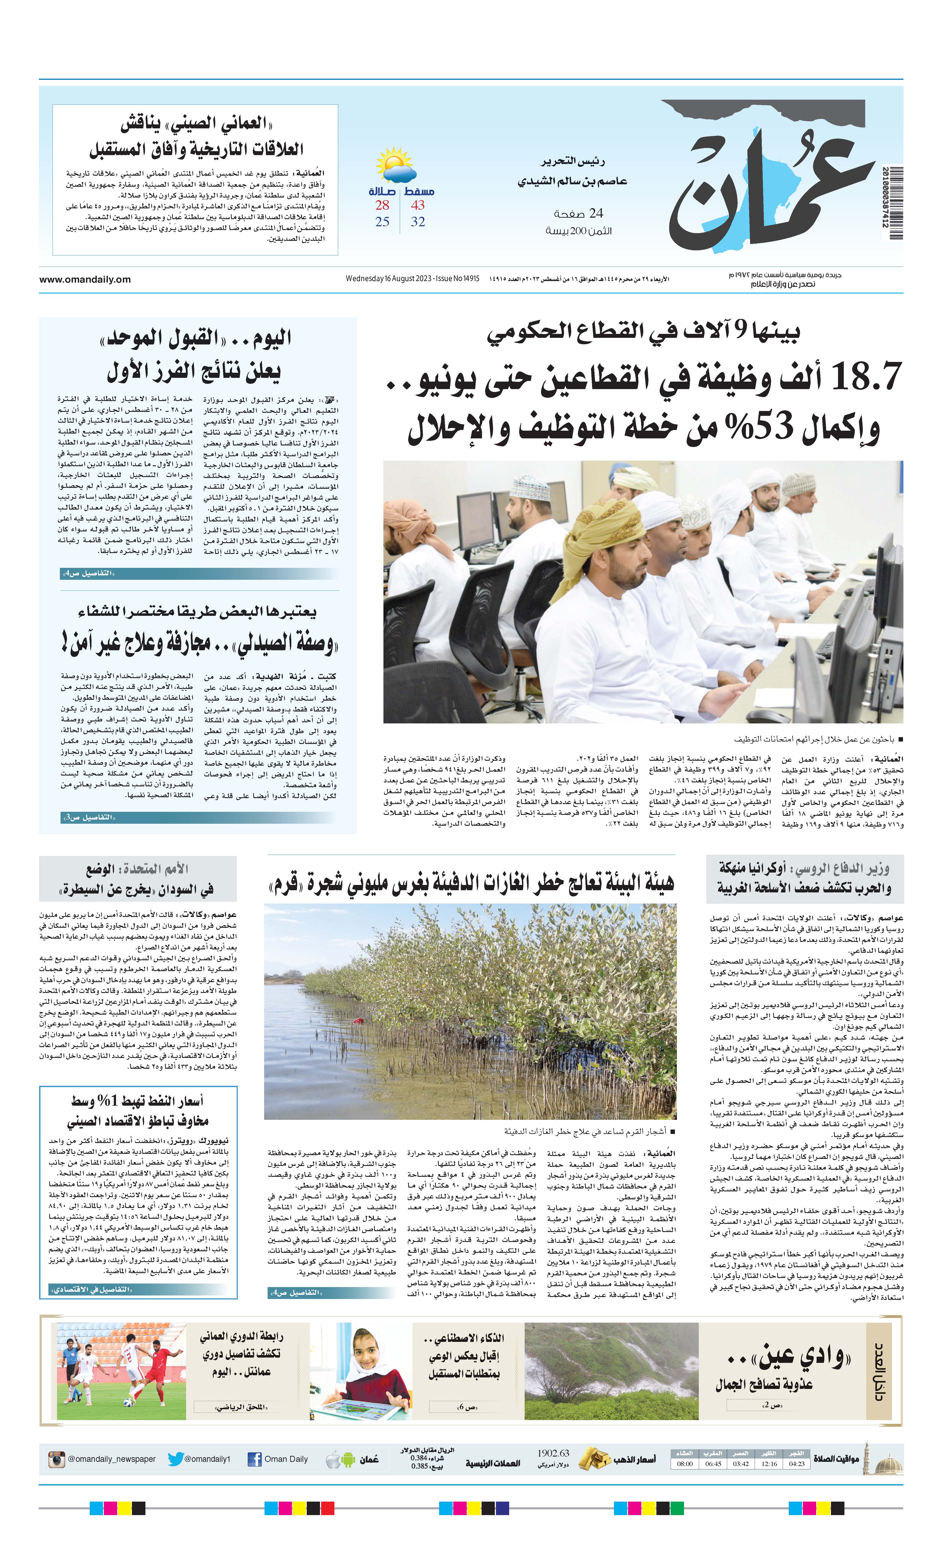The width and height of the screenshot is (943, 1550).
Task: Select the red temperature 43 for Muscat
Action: point(418,205)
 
